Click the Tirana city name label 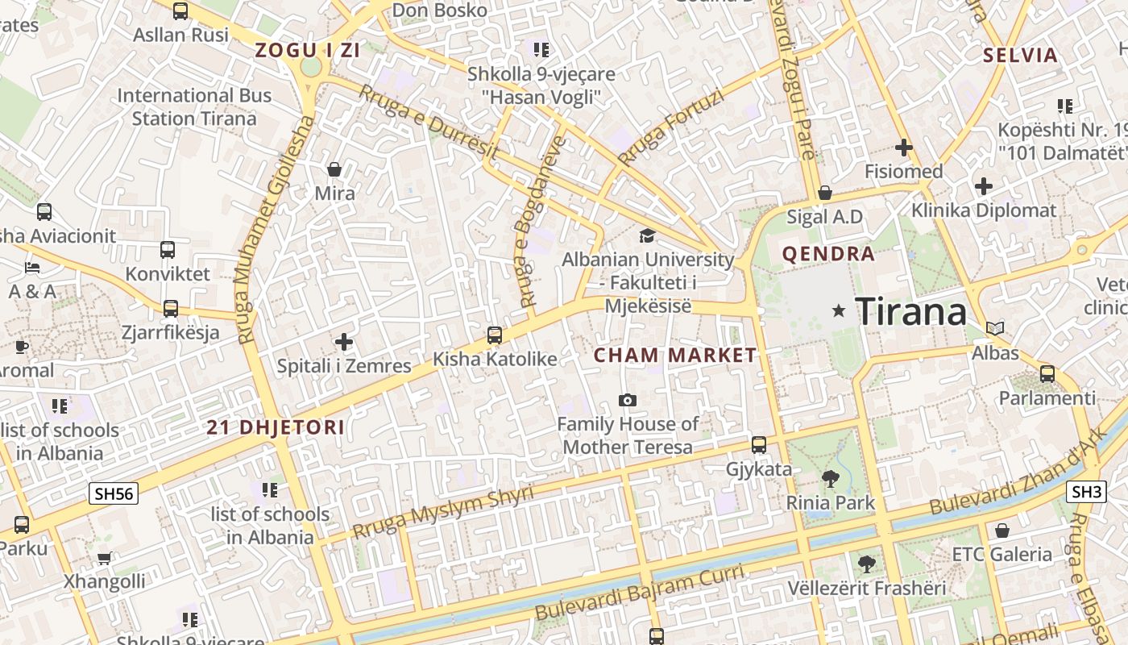[x=910, y=311]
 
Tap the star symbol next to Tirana [x=839, y=310]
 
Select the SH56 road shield [x=113, y=493]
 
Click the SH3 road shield [x=1087, y=492]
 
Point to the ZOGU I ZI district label [x=307, y=50]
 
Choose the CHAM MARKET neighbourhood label [x=675, y=355]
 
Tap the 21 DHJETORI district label [x=276, y=427]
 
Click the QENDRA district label [x=828, y=254]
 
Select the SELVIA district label [x=1020, y=55]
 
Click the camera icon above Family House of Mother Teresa [x=627, y=400]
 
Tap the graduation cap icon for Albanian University [x=647, y=235]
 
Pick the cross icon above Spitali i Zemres [x=344, y=342]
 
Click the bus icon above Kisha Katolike [x=495, y=335]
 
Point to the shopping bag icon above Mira [x=334, y=169]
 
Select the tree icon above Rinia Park [x=831, y=479]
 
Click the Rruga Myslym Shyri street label [x=443, y=512]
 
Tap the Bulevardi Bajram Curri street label [x=640, y=593]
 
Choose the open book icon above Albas [x=995, y=329]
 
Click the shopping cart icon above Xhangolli [x=104, y=558]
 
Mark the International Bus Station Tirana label [x=194, y=106]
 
